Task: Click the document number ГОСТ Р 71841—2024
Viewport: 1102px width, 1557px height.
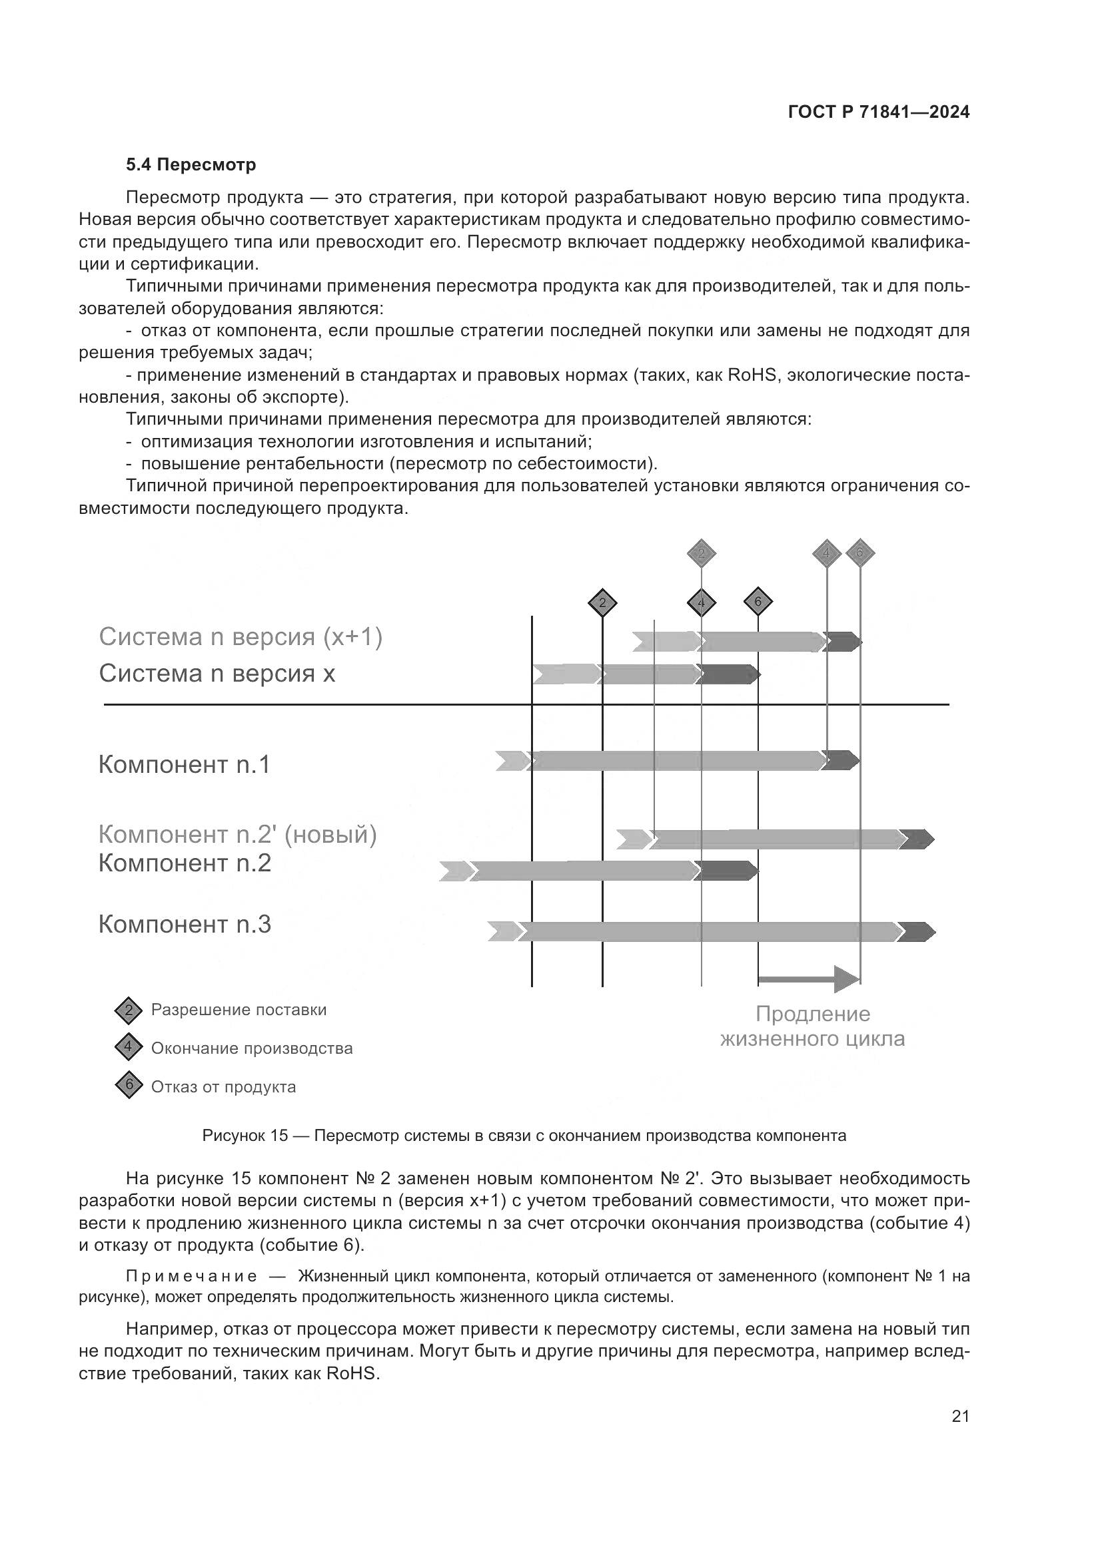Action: coord(879,112)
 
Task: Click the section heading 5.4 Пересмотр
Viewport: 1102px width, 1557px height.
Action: coord(191,165)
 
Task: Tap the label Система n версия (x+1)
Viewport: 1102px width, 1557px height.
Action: coord(241,637)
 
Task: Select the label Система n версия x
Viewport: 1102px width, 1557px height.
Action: coord(217,674)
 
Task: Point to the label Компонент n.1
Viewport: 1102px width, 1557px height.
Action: coord(185,764)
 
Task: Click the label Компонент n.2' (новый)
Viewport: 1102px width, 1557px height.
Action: coord(237,834)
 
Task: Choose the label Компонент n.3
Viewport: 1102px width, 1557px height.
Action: coord(185,924)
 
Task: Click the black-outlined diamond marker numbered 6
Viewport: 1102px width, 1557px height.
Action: coord(758,602)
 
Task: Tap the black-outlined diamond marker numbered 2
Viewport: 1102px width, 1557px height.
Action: coord(602,603)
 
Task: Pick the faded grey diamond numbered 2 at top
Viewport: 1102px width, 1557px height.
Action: coord(702,553)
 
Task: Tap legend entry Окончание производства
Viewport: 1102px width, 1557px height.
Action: coord(252,1048)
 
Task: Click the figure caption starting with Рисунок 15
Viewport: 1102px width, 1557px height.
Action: coord(524,1136)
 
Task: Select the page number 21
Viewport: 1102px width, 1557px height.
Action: coord(960,1416)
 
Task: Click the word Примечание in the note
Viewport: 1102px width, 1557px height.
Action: coord(191,1277)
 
